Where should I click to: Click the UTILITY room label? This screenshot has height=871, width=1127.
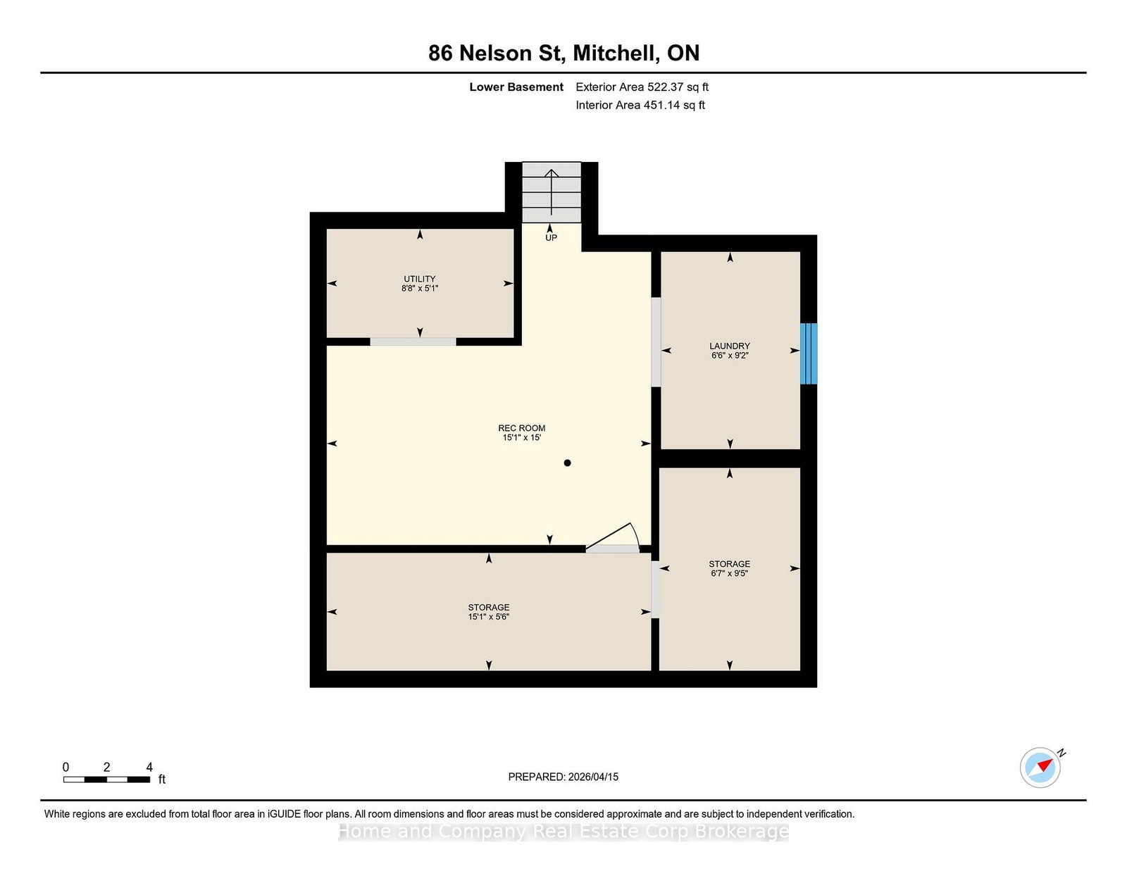tap(420, 278)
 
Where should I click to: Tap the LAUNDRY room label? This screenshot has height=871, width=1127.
tap(730, 346)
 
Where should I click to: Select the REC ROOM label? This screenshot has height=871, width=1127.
tap(522, 428)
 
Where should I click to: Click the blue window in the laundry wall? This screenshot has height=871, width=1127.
tap(809, 353)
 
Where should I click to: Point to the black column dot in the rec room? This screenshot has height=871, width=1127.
tap(568, 463)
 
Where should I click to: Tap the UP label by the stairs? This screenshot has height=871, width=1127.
tap(551, 237)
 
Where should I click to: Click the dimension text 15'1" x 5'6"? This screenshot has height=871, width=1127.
tap(489, 617)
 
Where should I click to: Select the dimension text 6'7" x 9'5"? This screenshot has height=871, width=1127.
tap(729, 573)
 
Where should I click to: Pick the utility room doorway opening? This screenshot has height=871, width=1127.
tap(413, 341)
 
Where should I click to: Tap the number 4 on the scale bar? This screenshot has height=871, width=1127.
tap(149, 767)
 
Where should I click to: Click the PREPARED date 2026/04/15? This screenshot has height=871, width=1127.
tap(593, 777)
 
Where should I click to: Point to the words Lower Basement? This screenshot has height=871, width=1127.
tap(516, 87)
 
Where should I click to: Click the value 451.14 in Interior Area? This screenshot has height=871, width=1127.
tap(661, 105)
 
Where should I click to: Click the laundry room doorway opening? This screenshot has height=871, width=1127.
tap(656, 341)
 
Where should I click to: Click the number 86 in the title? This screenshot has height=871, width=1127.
tap(440, 54)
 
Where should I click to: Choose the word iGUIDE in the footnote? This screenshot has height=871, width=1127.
tap(284, 814)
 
